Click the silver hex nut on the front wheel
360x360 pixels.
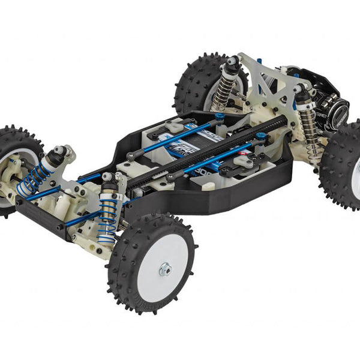click(164, 269)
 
